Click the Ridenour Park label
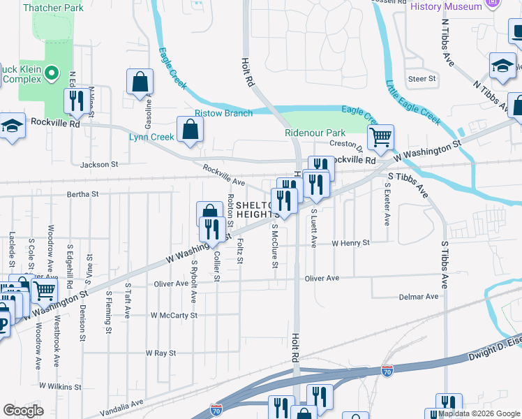[315, 133]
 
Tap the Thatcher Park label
[53, 8]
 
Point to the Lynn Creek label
[151, 137]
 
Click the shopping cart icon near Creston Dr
[380, 137]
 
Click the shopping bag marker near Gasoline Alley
[140, 81]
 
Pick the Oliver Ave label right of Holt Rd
[322, 278]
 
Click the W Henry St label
[350, 243]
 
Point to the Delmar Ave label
[419, 297]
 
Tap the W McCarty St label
[174, 315]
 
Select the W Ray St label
[161, 353]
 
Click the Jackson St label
[99, 165]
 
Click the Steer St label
[422, 79]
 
